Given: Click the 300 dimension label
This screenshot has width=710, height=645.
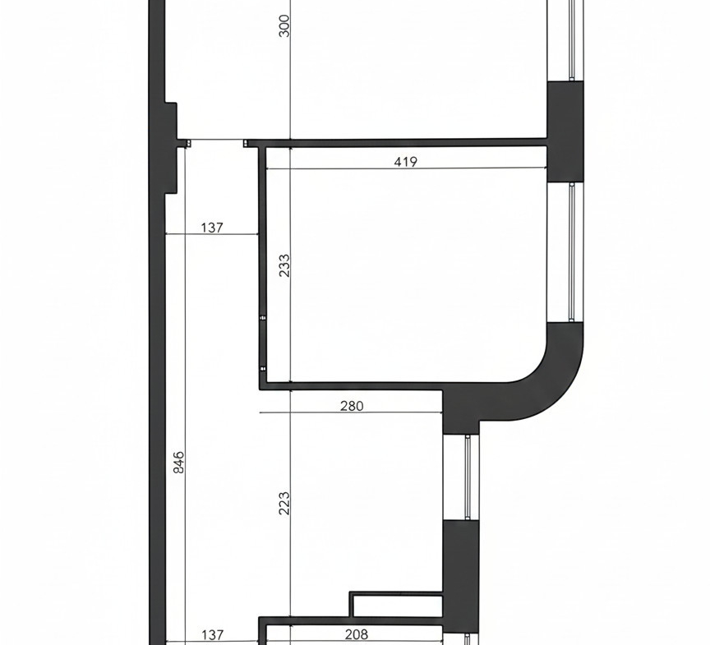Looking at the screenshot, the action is click(284, 25).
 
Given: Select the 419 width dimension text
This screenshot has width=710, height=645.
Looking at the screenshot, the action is click(405, 162).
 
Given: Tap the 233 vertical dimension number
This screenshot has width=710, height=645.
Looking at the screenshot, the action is click(284, 265).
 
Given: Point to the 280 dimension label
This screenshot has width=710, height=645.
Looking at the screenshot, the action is click(352, 406).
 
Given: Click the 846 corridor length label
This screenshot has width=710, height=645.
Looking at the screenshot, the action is click(179, 462).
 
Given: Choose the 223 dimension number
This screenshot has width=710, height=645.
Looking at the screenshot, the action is click(284, 503).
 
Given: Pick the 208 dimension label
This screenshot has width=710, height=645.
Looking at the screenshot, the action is click(357, 634).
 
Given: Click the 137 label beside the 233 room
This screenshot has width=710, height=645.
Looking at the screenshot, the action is click(212, 228).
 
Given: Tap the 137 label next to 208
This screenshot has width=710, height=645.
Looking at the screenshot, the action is click(212, 634).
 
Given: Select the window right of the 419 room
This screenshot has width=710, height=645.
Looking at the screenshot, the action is click(572, 252).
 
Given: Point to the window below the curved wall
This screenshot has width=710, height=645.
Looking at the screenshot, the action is click(468, 477).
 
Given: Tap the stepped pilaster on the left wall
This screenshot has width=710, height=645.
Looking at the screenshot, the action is click(170, 148).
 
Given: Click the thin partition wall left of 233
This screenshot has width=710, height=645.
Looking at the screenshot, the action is click(262, 267).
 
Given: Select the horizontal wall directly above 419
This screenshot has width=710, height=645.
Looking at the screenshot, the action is click(396, 143).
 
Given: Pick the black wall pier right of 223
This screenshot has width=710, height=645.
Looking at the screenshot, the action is click(460, 575).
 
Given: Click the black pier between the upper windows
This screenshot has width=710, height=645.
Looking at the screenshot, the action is click(565, 131).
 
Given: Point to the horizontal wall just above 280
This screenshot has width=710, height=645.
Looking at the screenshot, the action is click(351, 386).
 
